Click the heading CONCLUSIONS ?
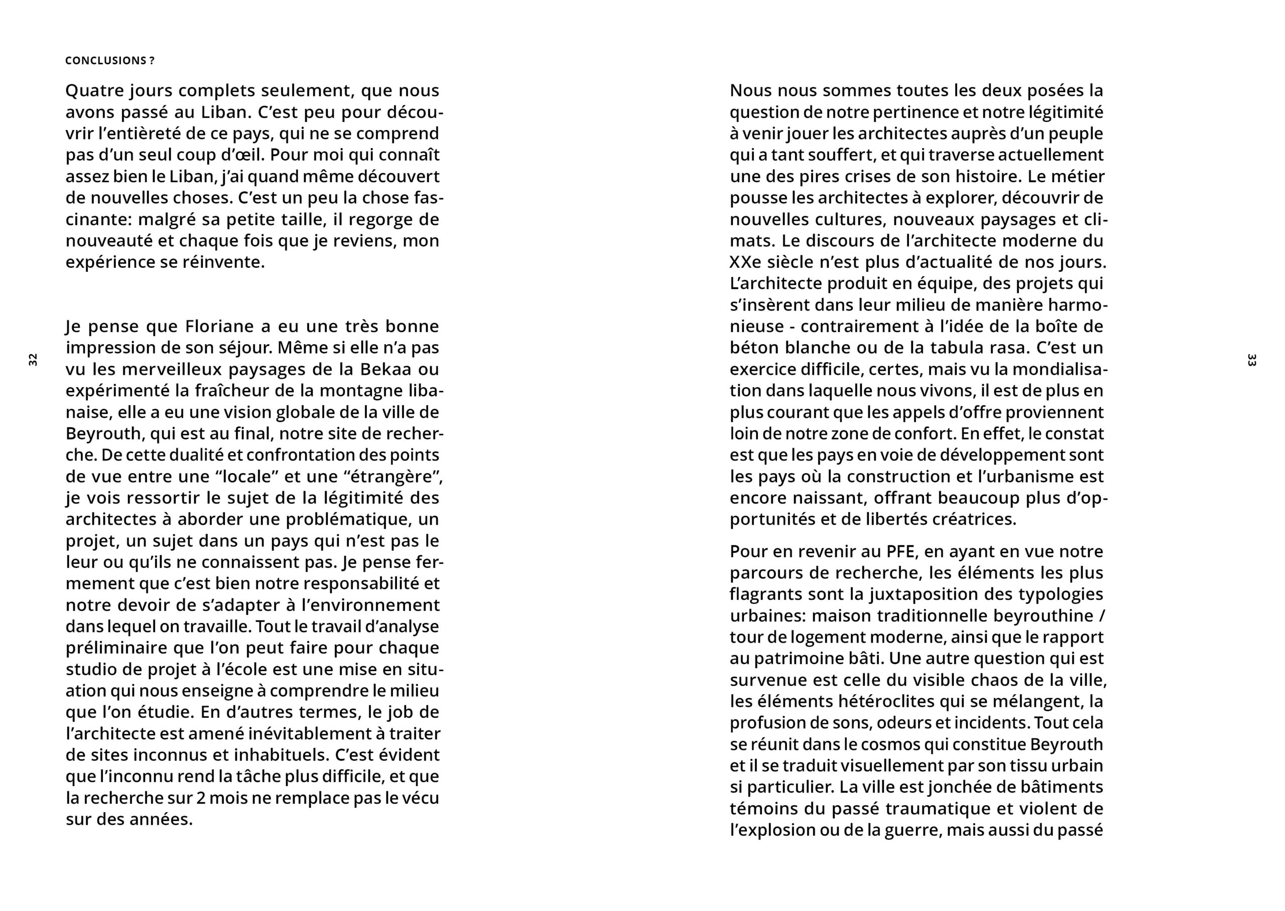click(x=110, y=61)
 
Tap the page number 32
click(x=33, y=360)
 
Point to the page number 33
click(x=1251, y=360)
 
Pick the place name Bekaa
click(x=385, y=370)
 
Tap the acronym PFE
click(x=901, y=551)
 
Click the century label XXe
click(x=744, y=262)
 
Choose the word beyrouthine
click(x=1043, y=616)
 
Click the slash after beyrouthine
click(x=1101, y=616)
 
